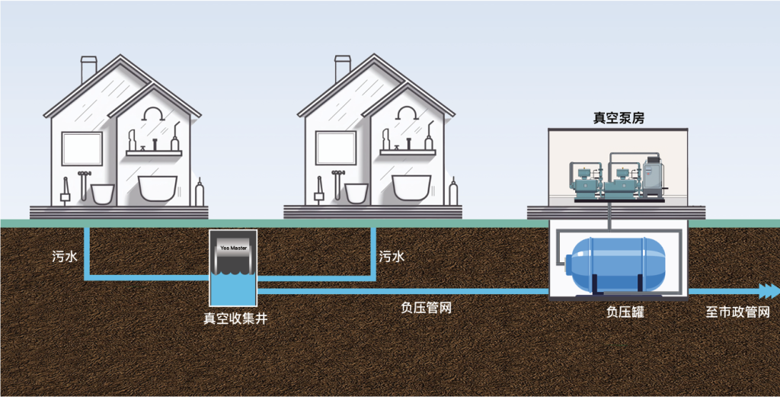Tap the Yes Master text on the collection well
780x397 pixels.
[233, 248]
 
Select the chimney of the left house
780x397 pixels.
[88, 69]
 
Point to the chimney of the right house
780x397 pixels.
[343, 69]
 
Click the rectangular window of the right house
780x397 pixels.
[335, 148]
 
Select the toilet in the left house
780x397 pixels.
[102, 193]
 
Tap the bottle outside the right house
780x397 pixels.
[454, 192]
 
